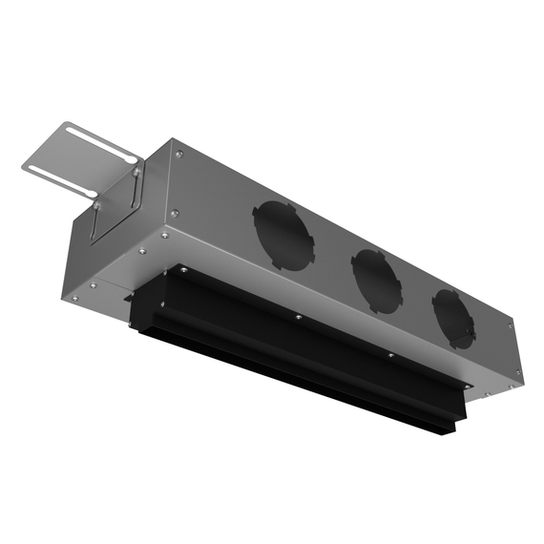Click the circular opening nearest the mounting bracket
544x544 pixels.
283,235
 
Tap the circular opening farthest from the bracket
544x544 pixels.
452,318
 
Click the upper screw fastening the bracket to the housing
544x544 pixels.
136,171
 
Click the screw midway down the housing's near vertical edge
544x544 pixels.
173,213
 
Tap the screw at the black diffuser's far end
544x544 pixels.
389,355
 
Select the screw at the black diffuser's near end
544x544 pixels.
176,272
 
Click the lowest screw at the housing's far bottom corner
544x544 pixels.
487,390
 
